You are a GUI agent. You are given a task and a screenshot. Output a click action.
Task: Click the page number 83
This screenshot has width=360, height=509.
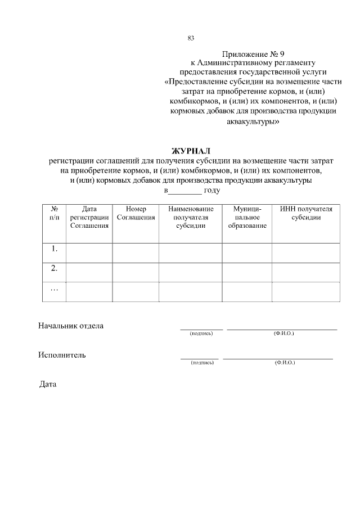coord(191,38)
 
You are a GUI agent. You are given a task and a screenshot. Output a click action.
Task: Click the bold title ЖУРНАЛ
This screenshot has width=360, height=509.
coord(191,151)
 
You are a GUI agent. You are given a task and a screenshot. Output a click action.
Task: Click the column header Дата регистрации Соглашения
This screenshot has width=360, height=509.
coord(89,217)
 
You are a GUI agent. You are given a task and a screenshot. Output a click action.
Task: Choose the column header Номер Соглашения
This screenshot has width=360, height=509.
coord(136,213)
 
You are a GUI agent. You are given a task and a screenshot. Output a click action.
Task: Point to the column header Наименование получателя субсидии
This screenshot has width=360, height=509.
coord(190,217)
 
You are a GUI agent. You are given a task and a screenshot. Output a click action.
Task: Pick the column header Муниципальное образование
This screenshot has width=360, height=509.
coord(247,217)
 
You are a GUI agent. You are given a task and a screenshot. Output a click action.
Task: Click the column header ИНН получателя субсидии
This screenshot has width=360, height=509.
coord(306,213)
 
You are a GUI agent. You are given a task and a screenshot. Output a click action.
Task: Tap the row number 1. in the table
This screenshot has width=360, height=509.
coord(55,248)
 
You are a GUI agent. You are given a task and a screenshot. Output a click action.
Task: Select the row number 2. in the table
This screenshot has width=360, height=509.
coord(55,268)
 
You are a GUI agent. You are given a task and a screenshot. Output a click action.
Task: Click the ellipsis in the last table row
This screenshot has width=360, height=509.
coord(55,289)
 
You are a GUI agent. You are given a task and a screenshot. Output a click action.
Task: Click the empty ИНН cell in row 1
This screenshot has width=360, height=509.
coord(306,253)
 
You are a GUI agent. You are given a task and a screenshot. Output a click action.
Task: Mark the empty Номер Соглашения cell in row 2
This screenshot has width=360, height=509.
coord(136,272)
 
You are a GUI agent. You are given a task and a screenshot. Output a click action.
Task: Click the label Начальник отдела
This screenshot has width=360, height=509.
coord(71,326)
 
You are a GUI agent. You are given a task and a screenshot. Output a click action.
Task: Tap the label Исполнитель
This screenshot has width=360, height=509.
coord(62,355)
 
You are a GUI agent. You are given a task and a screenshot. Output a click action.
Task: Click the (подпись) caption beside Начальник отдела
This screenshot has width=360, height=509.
coord(201,334)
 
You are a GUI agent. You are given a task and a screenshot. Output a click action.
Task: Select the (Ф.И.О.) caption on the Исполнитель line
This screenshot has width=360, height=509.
coord(285,363)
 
